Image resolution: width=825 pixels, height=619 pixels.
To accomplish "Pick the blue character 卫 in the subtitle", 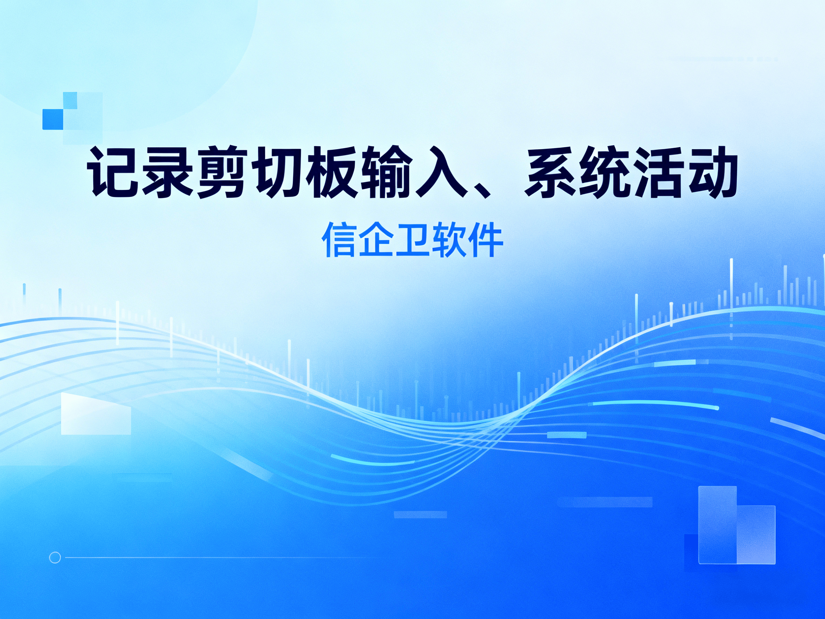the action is click(x=412, y=240).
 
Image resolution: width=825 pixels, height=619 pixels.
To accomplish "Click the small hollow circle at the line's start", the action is click(x=55, y=558).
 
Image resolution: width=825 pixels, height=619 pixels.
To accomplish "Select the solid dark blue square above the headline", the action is click(x=53, y=119).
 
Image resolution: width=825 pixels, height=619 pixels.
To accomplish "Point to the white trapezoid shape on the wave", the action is click(x=96, y=413).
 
